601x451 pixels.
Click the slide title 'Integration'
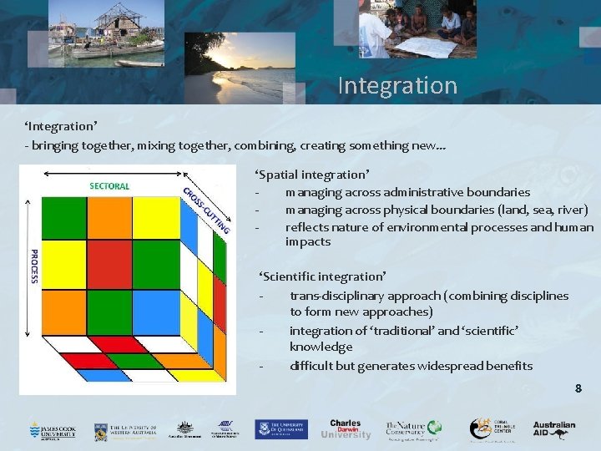(397, 86)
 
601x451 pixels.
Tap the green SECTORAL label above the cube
(109, 185)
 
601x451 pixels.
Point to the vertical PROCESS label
(34, 266)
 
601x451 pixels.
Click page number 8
(578, 388)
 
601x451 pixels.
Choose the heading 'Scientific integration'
(321, 276)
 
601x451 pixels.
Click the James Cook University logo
(52, 429)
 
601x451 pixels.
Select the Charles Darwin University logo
(346, 428)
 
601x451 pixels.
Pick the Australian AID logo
(554, 428)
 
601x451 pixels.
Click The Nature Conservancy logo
(412, 429)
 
